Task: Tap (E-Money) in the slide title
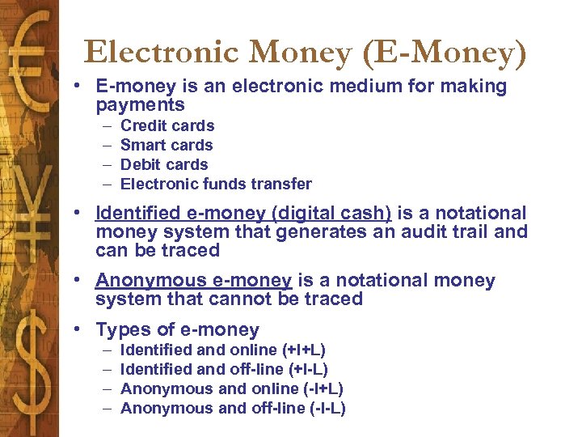[444, 53]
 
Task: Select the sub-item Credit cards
[167, 125]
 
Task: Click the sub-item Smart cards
[167, 145]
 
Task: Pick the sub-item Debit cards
[164, 164]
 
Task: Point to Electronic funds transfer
[216, 184]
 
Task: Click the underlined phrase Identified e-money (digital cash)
[243, 214]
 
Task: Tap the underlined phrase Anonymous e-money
[193, 281]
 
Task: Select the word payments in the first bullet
[140, 105]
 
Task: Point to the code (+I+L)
[304, 350]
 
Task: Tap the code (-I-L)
[327, 408]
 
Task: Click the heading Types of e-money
[177, 330]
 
